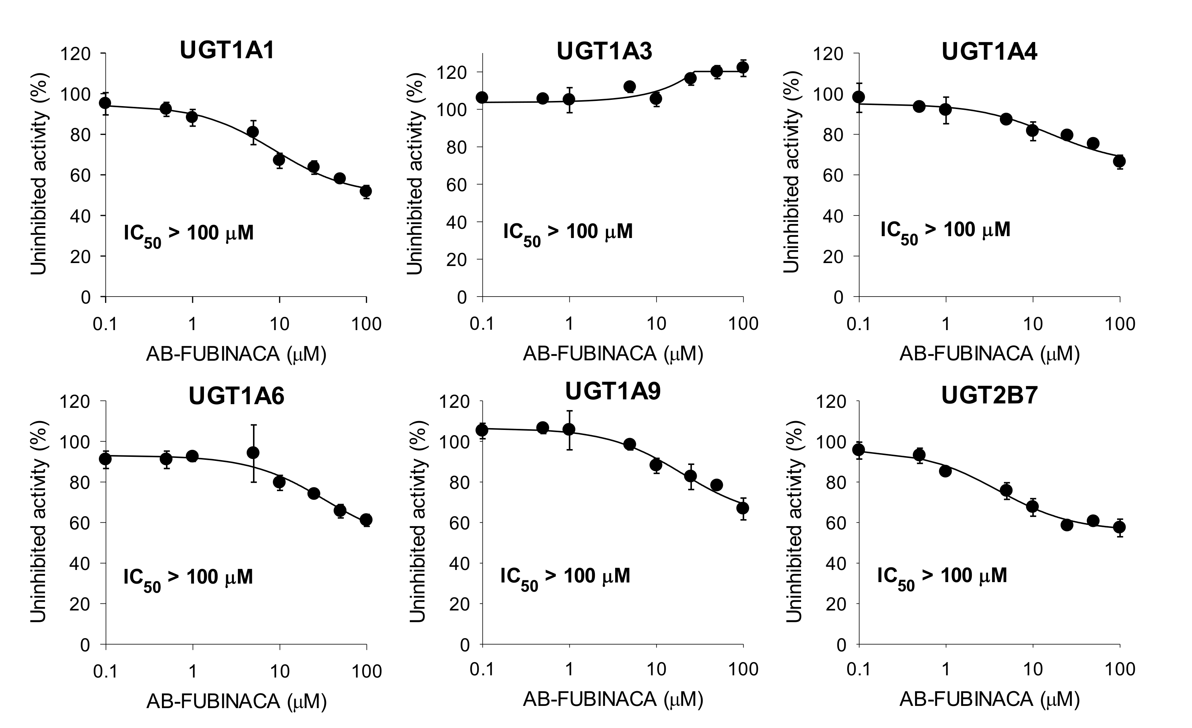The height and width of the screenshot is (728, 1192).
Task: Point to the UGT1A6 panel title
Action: coord(236,396)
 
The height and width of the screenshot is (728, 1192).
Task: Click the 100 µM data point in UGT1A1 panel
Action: coord(366,191)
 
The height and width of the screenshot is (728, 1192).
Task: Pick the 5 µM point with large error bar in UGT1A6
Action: coord(253,453)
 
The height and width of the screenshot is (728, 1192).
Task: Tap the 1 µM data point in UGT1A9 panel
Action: coord(569,429)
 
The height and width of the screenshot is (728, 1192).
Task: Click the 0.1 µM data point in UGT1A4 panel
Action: coord(859,97)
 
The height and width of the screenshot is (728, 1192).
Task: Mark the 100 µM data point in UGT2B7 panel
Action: coord(1119,527)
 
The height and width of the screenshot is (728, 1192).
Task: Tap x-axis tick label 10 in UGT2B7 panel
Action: coord(1033,669)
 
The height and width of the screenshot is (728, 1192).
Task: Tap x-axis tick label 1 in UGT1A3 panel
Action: coord(569,323)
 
